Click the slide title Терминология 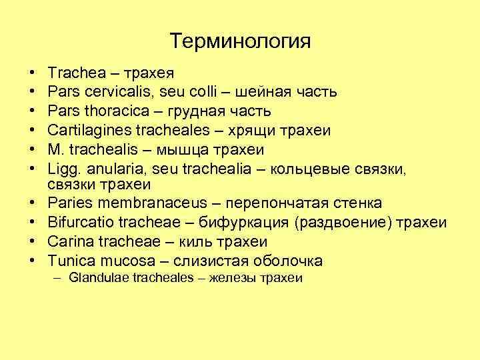[x=240, y=41]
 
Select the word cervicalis [x=112, y=90]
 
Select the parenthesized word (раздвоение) [x=340, y=222]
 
